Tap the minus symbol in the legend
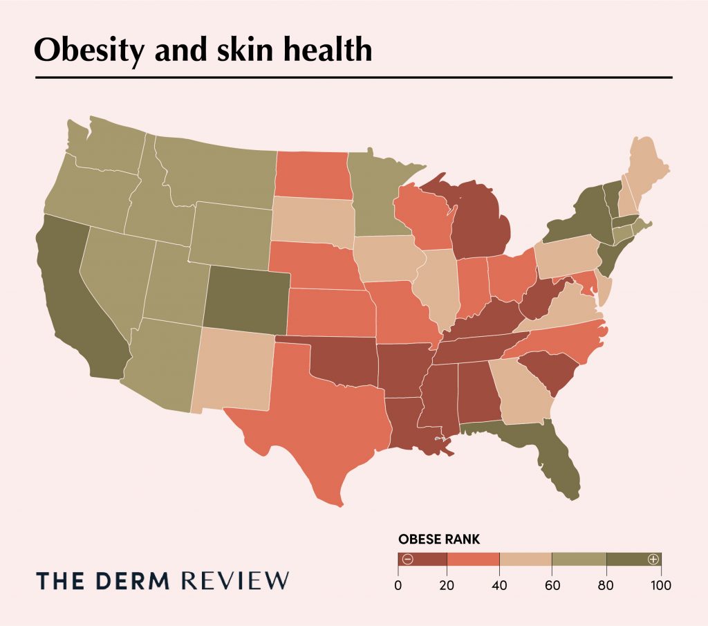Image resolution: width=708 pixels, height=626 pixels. (x=407, y=559)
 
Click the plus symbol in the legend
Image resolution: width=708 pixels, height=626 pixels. (x=652, y=559)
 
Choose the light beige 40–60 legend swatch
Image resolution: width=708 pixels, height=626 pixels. (x=525, y=559)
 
